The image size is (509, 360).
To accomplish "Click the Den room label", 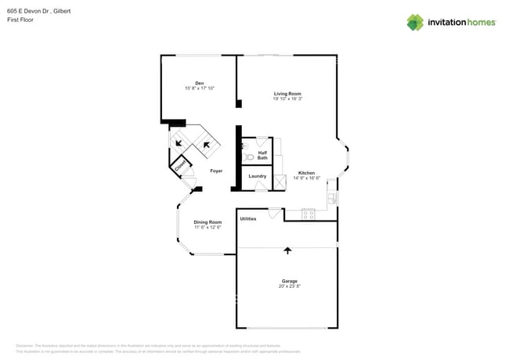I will pos(199,83).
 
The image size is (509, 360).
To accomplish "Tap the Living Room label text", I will pos(287,94).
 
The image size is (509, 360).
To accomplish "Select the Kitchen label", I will pos(306,173).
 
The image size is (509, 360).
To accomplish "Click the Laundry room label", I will pos(257,176).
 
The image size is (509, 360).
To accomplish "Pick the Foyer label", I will pos(216,171).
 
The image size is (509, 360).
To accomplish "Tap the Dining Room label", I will pos(208,222).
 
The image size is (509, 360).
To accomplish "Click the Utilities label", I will pos(248,218).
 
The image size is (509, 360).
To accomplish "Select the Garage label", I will pos(289,281).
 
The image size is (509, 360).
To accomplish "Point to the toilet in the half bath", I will pos(248,157).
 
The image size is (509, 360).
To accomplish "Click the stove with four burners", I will pos(309,214).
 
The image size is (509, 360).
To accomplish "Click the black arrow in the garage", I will pos(287,250).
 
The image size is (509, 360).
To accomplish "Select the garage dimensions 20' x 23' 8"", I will pos(289,286).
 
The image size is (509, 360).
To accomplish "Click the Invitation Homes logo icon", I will pos(415,22).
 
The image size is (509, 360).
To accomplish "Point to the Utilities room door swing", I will pos(274,212).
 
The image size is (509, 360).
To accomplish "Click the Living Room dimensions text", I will pos(287,99).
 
